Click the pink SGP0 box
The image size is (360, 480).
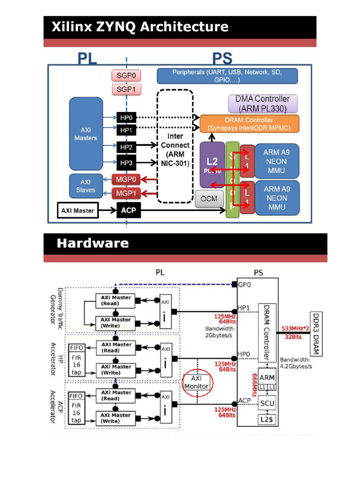pyautogui.click(x=126, y=75)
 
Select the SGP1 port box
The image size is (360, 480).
pyautogui.click(x=126, y=89)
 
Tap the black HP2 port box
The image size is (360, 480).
pyautogui.click(x=126, y=147)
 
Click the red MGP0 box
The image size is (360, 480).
pyautogui.click(x=126, y=179)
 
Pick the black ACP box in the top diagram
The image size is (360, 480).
pyautogui.click(x=128, y=210)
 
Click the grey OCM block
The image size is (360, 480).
pyautogui.click(x=209, y=199)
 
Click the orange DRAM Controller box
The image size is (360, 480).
pyautogui.click(x=249, y=124)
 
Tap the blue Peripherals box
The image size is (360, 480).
pyautogui.click(x=227, y=76)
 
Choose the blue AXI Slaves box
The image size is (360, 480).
pyautogui.click(x=85, y=186)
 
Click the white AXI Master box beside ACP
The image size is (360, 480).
pyautogui.click(x=77, y=210)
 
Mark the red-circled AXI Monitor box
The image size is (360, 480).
pyautogui.click(x=197, y=382)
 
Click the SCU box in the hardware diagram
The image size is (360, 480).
pyautogui.click(x=267, y=403)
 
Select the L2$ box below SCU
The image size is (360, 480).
pyautogui.click(x=267, y=420)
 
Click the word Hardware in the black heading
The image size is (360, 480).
pyautogui.click(x=93, y=243)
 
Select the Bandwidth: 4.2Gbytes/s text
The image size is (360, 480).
pyautogui.click(x=296, y=363)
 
